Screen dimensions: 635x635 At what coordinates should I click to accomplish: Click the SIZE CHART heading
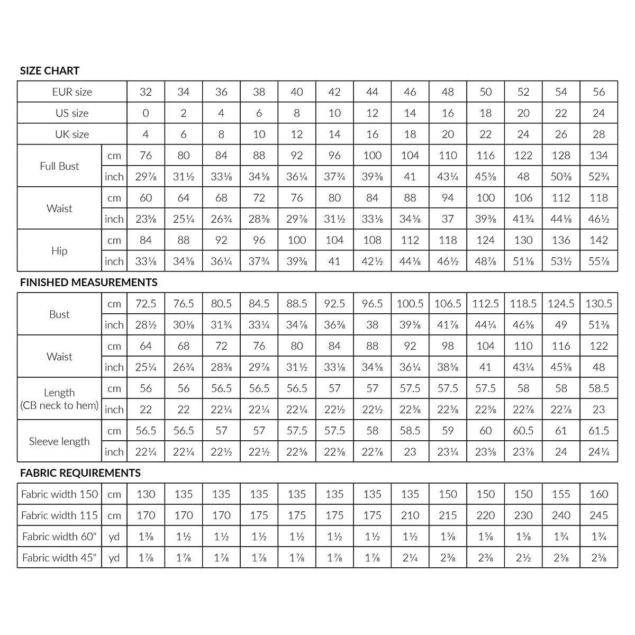tap(50, 71)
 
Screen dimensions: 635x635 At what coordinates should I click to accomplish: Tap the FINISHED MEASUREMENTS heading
tap(89, 283)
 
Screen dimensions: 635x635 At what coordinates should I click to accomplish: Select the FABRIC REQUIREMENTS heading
tap(80, 473)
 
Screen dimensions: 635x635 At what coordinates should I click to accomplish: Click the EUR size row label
tap(72, 92)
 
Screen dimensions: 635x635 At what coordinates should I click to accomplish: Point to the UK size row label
tap(72, 134)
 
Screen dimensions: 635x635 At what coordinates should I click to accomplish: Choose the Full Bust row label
tap(59, 166)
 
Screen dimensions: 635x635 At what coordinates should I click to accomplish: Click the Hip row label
tap(59, 251)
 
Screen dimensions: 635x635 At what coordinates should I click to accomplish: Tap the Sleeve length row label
tap(59, 441)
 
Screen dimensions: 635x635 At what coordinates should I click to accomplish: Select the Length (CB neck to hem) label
tap(59, 399)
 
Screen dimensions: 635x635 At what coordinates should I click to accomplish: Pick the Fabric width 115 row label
tap(59, 515)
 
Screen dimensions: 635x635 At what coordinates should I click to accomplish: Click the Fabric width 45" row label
tap(59, 558)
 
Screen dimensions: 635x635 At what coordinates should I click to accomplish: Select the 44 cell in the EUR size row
tap(373, 92)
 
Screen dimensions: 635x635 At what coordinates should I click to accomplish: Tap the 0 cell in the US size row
tap(146, 113)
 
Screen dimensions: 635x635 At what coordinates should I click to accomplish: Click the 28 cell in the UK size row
tap(599, 134)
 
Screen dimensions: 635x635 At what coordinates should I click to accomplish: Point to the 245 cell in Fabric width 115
tap(599, 515)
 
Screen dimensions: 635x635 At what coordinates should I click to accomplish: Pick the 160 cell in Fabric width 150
tap(599, 494)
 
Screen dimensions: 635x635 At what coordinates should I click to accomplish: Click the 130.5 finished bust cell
tap(599, 304)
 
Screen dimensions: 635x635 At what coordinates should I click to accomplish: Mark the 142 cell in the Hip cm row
tap(599, 240)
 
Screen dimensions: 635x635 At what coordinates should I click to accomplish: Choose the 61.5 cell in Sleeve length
tap(599, 431)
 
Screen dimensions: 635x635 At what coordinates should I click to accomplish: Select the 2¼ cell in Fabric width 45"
tap(410, 558)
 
